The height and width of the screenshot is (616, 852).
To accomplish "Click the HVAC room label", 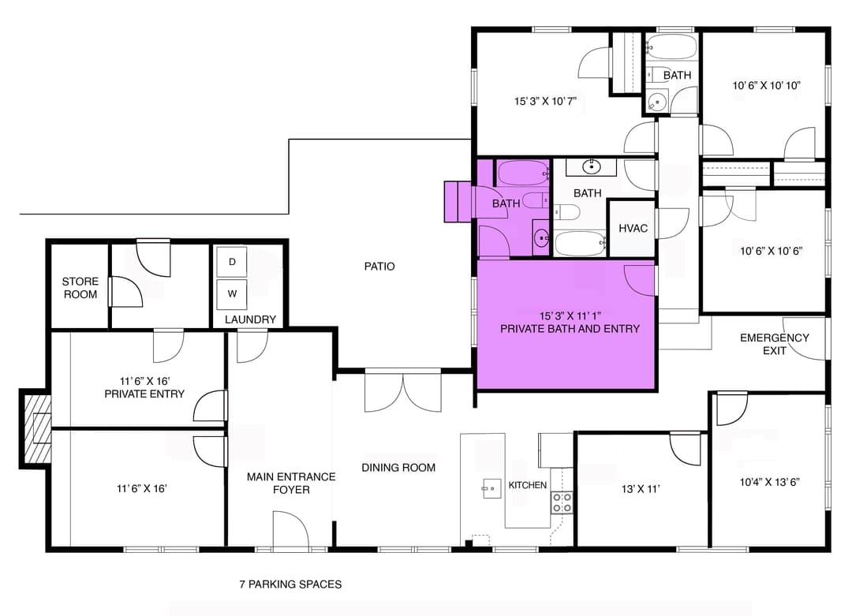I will pos(633,229).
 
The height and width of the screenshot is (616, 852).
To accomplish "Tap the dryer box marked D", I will pos(232,262).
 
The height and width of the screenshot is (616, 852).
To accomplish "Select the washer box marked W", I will pos(232,293).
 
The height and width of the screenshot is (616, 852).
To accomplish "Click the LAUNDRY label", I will pos(250,319).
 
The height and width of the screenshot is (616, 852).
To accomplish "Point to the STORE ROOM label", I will pos(80,288).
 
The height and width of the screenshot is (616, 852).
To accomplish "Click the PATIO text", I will pos(379,267).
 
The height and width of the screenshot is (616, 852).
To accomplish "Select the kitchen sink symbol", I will pos(491,488).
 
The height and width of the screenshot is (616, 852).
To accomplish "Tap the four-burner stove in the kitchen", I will pos(562,502).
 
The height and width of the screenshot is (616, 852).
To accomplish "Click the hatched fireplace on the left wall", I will pos(37,429).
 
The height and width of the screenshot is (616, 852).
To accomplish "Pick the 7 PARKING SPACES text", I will pos(290,584).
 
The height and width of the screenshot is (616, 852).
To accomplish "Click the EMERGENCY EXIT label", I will pos(774,344).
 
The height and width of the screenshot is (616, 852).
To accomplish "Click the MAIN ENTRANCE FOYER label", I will pos(291,483).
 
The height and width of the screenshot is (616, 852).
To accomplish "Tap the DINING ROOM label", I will pos(398,468).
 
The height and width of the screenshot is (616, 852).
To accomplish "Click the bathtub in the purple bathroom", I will pos(523,171).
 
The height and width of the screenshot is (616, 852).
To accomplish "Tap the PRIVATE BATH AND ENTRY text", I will pos(570,328).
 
